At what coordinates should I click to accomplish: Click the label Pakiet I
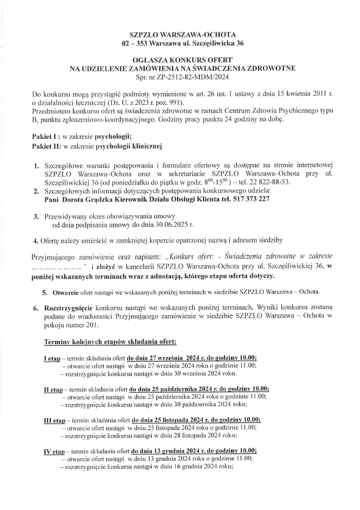[x=45, y=136]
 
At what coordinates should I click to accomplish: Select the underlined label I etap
[x=52, y=358]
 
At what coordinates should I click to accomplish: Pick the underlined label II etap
[x=53, y=389]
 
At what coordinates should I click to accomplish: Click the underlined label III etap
[x=55, y=420]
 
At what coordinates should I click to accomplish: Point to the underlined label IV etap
[x=55, y=451]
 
